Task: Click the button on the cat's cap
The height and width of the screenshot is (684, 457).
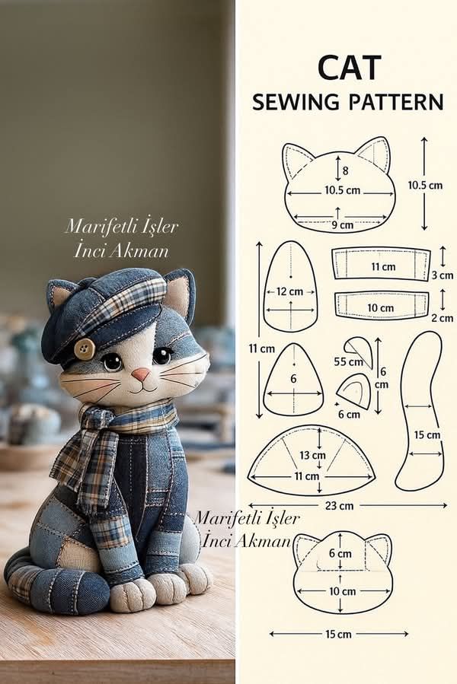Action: coord(85,348)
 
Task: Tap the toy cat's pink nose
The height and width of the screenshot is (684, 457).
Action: coord(141,374)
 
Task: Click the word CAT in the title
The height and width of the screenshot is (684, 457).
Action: coord(349,68)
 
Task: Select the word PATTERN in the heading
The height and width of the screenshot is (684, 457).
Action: coord(396,102)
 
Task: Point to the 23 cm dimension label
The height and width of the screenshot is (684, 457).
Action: coord(339,506)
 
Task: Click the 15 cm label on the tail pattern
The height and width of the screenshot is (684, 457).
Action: coord(427,435)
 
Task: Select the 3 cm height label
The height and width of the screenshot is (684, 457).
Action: coord(443,275)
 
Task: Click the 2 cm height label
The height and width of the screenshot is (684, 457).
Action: coord(443,318)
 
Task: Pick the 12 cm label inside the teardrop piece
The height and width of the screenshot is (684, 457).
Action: coord(289,291)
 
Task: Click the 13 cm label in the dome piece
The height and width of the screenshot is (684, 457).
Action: coord(312,456)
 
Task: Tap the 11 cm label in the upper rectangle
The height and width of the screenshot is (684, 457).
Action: coord(383,266)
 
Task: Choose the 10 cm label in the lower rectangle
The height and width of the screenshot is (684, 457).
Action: coord(380,308)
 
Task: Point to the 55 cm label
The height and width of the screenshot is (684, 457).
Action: coord(348,361)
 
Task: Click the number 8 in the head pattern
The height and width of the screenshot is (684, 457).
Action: coord(345,170)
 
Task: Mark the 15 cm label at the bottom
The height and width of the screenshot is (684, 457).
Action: coord(338,634)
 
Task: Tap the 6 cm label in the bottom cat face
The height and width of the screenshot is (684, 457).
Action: coord(340,554)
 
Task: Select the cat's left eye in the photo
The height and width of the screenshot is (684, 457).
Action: coord(112,361)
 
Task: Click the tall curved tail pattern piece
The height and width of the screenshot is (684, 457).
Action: coord(420,410)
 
